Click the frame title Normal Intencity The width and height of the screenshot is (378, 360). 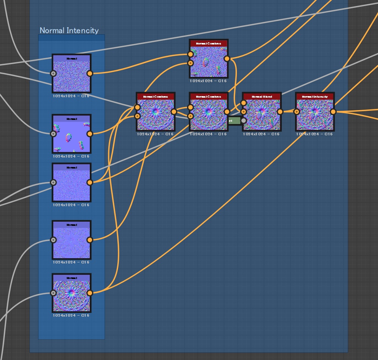(69, 31)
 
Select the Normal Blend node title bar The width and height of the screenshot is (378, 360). (262, 97)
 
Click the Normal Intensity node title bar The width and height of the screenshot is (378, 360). (315, 97)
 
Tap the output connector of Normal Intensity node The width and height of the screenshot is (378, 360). (333, 112)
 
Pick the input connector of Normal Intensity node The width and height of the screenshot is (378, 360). (297, 112)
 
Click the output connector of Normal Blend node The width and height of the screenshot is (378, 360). (280, 112)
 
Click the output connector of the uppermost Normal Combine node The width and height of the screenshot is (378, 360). (227, 58)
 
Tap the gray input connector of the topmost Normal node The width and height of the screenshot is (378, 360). (53, 74)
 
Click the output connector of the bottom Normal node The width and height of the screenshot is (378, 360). (89, 293)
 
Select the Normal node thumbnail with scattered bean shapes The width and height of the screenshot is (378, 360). (71, 136)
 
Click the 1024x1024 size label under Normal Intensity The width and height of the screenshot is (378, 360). (315, 134)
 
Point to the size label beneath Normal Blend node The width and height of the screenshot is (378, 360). (261, 134)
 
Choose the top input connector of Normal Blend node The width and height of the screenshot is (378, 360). (244, 103)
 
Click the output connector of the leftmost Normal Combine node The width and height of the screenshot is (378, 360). (174, 112)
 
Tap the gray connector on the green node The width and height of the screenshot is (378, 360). (244, 121)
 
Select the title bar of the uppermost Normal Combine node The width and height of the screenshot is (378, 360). (209, 43)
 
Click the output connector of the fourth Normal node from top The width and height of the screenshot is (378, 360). (89, 240)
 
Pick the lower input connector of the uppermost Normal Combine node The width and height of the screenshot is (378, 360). (191, 63)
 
